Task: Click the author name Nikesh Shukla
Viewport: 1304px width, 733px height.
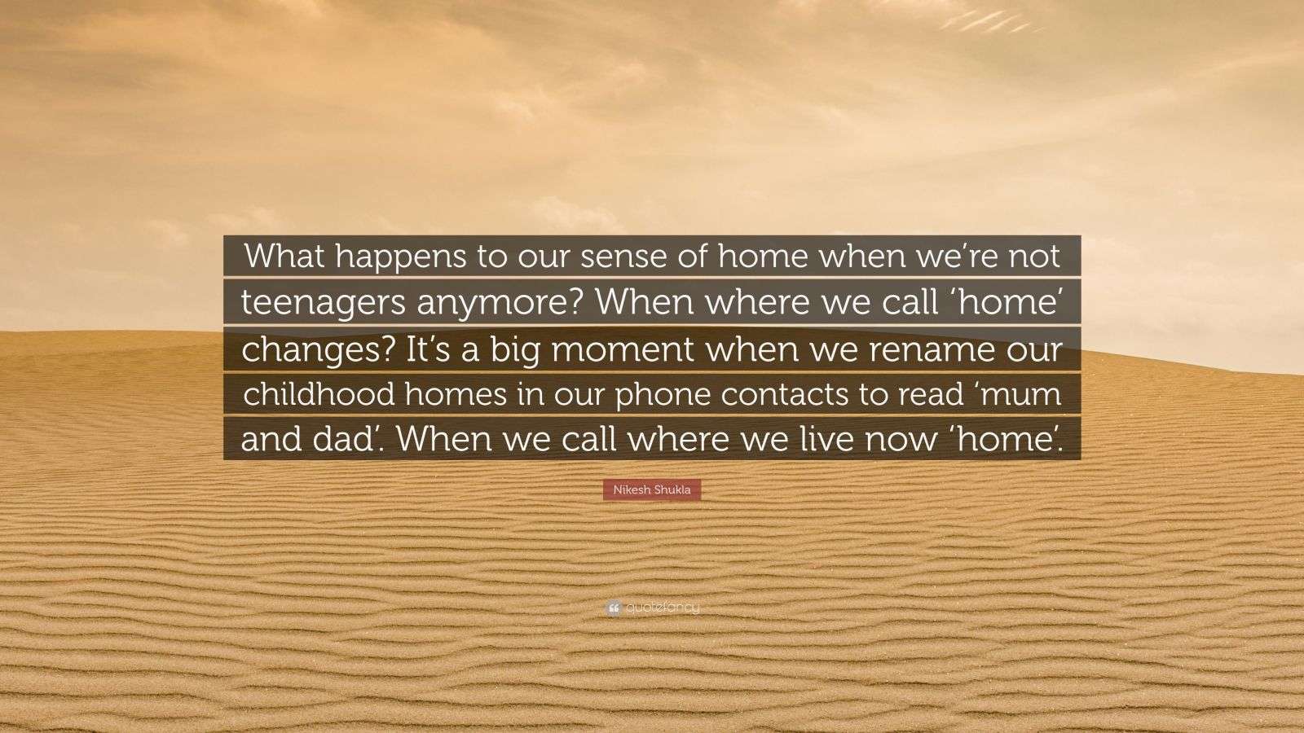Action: [652, 490]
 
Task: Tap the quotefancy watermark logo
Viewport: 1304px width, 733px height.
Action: [652, 608]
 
